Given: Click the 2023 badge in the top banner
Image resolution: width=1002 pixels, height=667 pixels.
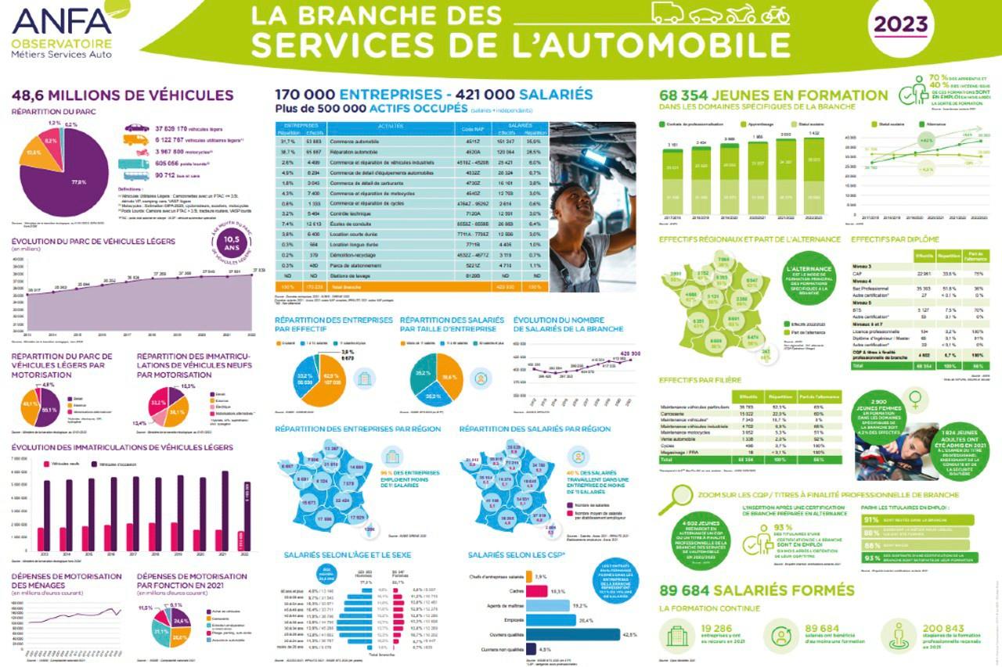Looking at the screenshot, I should click(x=900, y=25).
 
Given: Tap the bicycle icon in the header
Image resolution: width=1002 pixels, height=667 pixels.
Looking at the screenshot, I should click(x=774, y=14).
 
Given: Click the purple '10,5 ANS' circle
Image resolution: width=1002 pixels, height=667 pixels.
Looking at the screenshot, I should click(x=230, y=249).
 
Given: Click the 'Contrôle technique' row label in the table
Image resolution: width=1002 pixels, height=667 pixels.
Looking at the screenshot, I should click(x=356, y=213).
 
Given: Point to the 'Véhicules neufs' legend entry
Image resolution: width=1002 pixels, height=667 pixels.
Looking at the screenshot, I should click(x=67, y=464).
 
